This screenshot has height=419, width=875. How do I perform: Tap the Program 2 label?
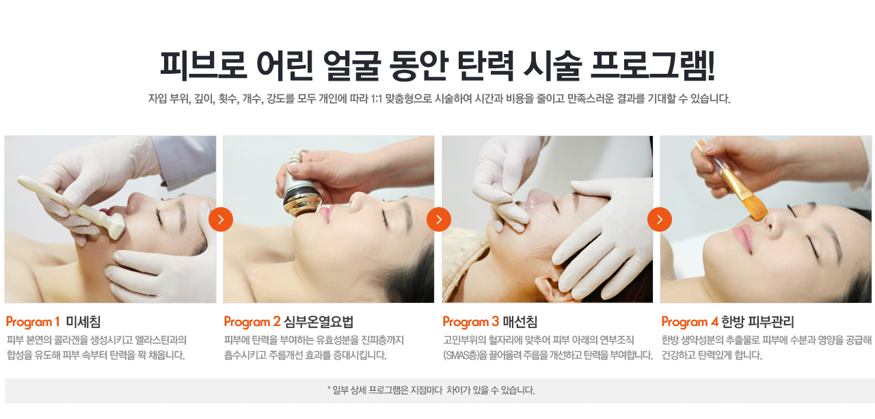coord(252,322)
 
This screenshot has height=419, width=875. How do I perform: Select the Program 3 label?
coord(470,322)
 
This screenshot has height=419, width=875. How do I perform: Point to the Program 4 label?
coord(689,322)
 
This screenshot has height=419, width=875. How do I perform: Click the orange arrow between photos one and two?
coord(221,219)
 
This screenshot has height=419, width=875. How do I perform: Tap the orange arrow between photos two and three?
coord(439,219)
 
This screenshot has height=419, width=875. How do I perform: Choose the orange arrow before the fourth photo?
coord(660,219)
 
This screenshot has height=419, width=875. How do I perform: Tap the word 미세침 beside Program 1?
coord(83,322)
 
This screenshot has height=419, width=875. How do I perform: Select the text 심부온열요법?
coord(319,322)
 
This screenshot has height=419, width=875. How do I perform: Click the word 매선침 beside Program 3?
coord(520,322)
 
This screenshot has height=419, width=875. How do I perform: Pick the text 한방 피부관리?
coord(757,322)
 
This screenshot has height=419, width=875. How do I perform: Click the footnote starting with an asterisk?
coord(431,391)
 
